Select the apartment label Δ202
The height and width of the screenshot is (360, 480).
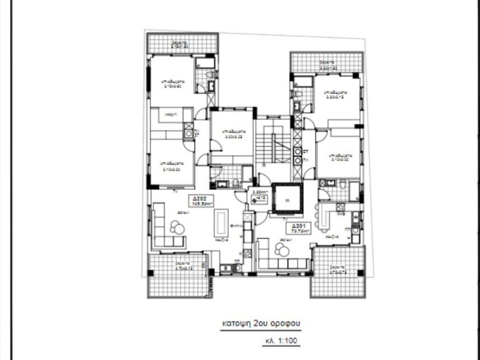pos(201,197)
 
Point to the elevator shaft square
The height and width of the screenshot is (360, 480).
pos(286,200)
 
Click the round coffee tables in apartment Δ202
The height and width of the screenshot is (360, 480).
pos(177,228)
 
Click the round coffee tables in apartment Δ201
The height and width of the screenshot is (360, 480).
pos(282,250)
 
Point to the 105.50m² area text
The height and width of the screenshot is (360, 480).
pos(202,203)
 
